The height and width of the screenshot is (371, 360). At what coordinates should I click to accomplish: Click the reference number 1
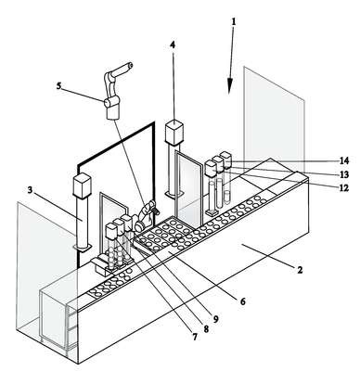coord(234,21)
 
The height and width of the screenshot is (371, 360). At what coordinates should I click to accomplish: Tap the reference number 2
coord(300,270)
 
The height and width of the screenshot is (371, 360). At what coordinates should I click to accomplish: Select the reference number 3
coord(30,190)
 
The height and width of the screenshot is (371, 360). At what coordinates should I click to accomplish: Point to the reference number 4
coord(173,45)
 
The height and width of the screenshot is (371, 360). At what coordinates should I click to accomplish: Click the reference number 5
coord(58,85)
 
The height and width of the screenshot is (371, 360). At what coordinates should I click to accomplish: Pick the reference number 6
coord(243,301)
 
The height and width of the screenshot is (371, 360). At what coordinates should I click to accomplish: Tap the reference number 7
coord(195,337)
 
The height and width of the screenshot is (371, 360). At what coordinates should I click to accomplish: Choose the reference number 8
coord(205,328)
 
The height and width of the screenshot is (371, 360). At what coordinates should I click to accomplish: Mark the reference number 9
coord(215,319)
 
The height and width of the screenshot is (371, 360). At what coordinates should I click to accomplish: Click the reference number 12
coord(344,187)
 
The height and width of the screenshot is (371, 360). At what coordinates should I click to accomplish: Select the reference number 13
coord(344,174)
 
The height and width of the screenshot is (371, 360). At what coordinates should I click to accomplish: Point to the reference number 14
coord(344,160)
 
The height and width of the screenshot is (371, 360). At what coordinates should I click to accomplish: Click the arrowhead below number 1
coord(230,85)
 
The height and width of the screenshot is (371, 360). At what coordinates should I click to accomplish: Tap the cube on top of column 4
coord(174,132)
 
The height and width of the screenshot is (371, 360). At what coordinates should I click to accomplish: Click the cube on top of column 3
coord(83,185)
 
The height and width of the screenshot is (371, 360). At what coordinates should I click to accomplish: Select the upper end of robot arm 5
coord(130,66)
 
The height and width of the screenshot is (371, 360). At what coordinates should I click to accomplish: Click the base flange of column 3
coord(83,247)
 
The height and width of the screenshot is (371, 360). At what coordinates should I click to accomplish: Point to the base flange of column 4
coord(174,194)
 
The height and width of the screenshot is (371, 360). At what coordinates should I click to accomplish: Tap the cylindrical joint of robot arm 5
coord(109,102)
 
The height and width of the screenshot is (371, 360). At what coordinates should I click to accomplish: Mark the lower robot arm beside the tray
coord(146,215)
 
